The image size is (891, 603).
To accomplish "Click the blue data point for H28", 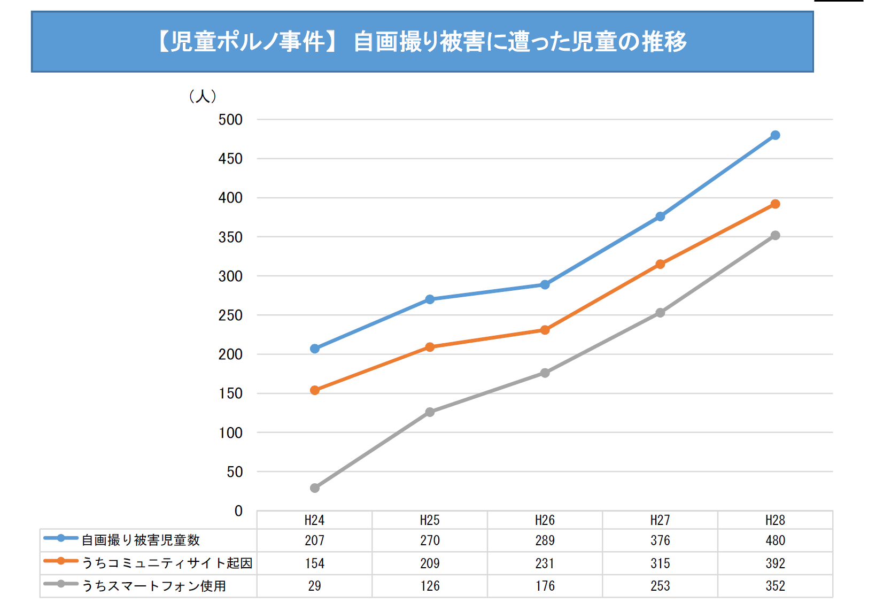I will click(x=775, y=135).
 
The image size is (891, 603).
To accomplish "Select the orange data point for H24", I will click(x=315, y=390).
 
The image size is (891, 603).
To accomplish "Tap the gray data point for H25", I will click(x=430, y=412).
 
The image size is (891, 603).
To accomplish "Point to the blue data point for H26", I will click(x=545, y=285).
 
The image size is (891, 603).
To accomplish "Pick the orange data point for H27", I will click(x=660, y=264).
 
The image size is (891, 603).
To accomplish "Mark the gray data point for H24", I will click(x=315, y=488).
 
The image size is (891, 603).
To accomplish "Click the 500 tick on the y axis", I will click(x=230, y=120).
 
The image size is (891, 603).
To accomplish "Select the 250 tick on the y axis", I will click(x=230, y=315).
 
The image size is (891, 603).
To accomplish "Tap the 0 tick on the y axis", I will click(x=238, y=511).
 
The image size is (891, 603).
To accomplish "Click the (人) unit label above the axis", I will click(x=203, y=96).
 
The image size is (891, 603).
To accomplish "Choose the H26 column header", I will click(x=545, y=520).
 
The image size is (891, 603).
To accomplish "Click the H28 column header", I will click(x=775, y=520).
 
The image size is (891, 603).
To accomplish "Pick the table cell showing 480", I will click(x=775, y=540).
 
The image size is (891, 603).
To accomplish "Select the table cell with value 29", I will click(x=315, y=586).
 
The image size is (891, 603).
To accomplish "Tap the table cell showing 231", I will click(x=545, y=563).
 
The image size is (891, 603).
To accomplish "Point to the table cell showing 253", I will click(x=660, y=586).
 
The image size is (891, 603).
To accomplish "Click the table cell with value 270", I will click(x=430, y=540).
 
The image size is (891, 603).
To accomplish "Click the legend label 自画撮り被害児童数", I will click(x=141, y=540).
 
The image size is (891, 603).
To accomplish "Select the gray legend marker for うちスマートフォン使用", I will click(x=61, y=584).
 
